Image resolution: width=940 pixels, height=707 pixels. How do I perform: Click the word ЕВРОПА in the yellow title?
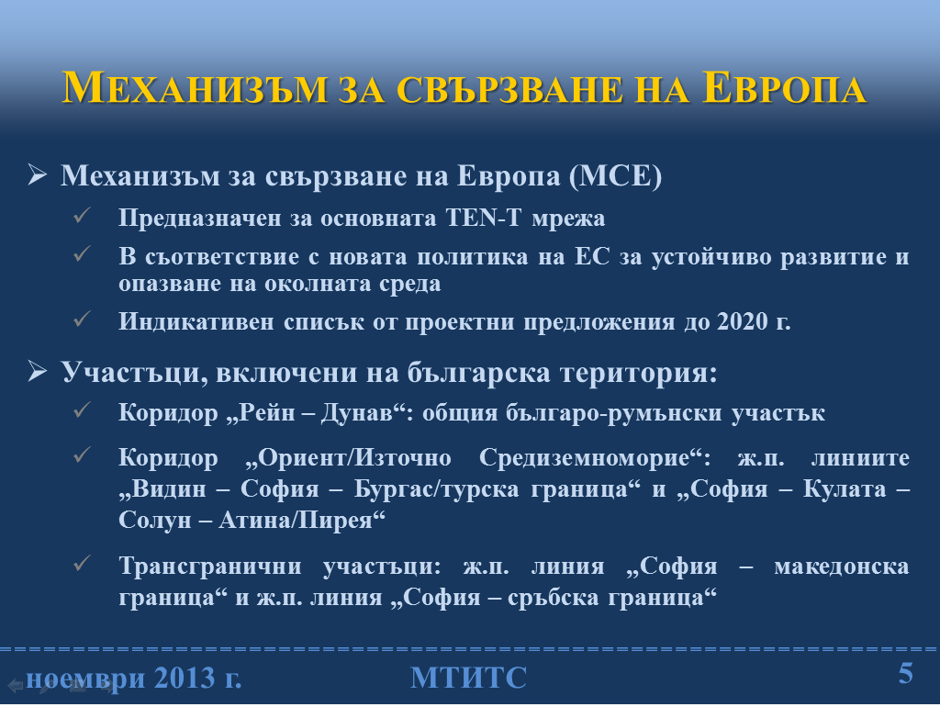785,89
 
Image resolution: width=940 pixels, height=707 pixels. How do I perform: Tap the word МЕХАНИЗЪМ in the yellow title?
195,89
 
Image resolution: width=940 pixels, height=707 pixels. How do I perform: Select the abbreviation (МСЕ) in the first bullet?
615,175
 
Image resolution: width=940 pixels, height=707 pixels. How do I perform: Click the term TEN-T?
484,218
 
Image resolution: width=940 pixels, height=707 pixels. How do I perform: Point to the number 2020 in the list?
743,321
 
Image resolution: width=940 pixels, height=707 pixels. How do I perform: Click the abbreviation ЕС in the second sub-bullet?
592,257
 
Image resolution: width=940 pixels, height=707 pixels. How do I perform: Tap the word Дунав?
357,412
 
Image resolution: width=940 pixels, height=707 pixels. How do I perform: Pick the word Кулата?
845,488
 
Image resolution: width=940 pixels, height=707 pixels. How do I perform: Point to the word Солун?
153,520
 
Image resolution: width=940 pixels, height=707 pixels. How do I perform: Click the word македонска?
842,567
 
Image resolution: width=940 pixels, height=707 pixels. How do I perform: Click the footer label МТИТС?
469,678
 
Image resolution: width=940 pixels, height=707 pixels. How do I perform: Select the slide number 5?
905,673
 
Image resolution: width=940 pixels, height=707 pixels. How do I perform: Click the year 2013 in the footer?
184,679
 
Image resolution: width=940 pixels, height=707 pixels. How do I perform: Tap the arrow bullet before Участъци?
37,372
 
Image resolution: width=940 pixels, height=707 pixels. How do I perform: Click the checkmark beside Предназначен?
82,215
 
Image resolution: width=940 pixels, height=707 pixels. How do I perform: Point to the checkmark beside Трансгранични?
82,564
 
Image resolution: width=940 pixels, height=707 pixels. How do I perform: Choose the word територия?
639,373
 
